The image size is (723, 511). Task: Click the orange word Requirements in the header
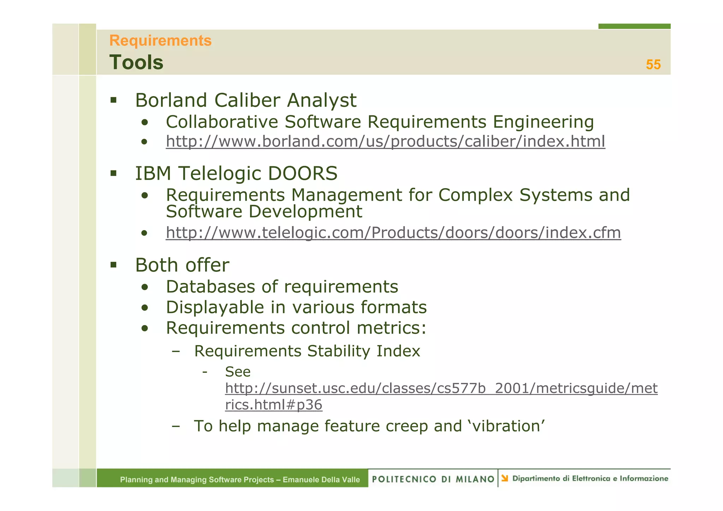pos(160,41)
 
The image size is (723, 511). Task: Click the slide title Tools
pos(136,62)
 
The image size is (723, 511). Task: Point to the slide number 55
pos(653,65)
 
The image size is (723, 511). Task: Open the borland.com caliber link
pos(386,142)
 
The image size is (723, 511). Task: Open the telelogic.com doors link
pos(393,233)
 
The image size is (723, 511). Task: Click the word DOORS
pos(303,174)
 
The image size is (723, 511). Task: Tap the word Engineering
pos(543,122)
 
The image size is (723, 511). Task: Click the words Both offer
pos(182,265)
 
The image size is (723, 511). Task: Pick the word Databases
pos(210,287)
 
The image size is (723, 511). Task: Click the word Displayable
pos(215,307)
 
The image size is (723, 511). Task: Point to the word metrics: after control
pos(392,328)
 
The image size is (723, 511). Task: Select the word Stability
pos(339,351)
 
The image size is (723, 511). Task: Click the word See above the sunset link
pos(238,372)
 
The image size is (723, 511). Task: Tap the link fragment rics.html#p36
pos(274,405)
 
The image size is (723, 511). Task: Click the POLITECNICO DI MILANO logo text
pos(433,479)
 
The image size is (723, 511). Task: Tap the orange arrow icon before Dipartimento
pos(505,479)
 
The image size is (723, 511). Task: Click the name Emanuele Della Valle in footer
pos(321,480)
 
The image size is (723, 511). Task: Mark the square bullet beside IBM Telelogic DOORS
pos(113,173)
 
